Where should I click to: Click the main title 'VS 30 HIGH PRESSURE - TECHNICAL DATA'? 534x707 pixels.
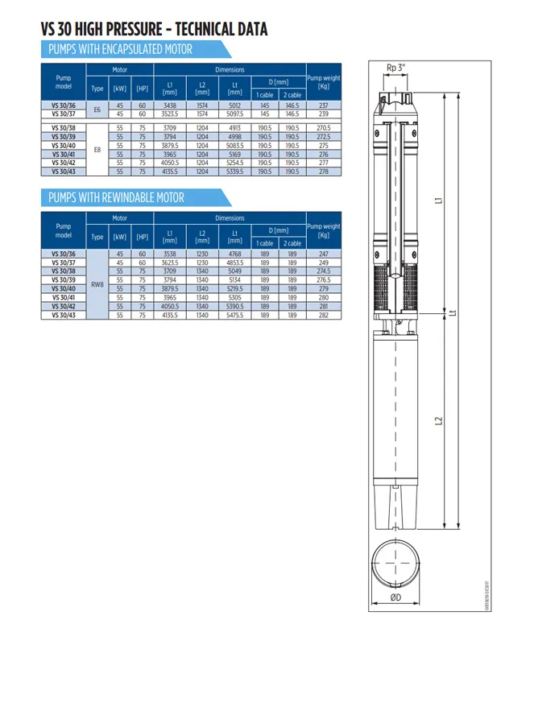click(154, 30)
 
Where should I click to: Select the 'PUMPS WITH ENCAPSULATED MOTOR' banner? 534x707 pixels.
click(121, 50)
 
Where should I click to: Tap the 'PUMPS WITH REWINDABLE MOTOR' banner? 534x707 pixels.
click(116, 197)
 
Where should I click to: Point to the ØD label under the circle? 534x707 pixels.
click(396, 597)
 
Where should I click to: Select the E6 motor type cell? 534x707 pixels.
click(97, 110)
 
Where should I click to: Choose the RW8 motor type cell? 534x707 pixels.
click(97, 284)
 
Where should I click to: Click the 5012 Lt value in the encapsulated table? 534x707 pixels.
click(234, 105)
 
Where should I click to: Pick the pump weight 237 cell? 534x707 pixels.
click(324, 105)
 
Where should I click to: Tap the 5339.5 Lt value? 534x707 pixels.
click(234, 172)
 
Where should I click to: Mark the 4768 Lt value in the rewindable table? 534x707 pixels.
click(234, 254)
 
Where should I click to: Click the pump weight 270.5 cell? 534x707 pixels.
click(324, 127)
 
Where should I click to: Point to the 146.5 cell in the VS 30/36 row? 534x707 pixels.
click(292, 105)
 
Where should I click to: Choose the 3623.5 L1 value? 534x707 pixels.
click(170, 263)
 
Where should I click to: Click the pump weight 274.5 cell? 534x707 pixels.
click(324, 271)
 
